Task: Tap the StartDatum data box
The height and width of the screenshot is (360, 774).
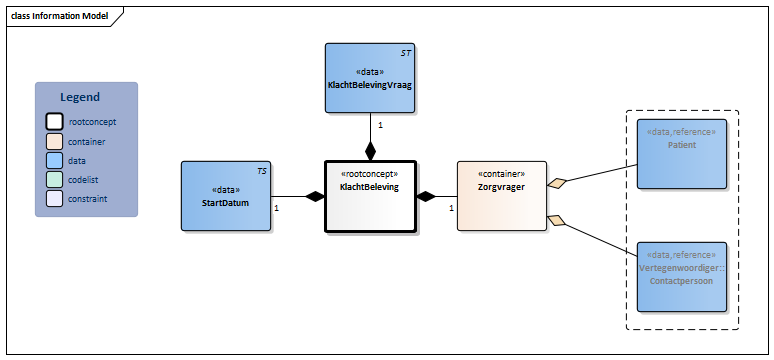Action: (226, 196)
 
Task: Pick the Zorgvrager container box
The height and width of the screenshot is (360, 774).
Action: (502, 196)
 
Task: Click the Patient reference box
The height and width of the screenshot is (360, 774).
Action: (682, 153)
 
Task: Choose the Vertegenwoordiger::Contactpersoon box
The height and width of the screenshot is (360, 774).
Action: (682, 275)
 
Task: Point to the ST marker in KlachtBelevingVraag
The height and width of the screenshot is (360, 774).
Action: (406, 51)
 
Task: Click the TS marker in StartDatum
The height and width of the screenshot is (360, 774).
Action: (261, 171)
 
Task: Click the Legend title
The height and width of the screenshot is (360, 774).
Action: (80, 97)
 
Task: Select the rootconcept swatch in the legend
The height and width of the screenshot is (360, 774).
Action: (55, 122)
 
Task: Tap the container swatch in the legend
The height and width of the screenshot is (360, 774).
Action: (55, 141)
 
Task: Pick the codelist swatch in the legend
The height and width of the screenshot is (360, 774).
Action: (55, 179)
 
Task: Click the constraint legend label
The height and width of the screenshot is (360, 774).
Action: (88, 198)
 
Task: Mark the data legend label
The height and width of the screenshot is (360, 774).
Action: (77, 160)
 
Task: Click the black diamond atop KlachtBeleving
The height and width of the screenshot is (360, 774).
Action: (371, 152)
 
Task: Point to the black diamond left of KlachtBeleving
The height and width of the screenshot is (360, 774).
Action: (315, 197)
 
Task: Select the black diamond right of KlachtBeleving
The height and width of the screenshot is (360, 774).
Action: (426, 196)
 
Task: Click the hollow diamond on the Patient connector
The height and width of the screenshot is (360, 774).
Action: (557, 182)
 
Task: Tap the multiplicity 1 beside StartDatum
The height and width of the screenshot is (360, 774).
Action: (276, 208)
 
